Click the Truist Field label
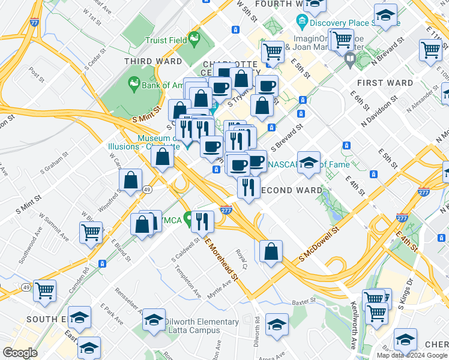click(164, 41)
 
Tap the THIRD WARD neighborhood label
click(153, 62)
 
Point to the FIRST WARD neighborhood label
click(385, 83)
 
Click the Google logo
click(20, 353)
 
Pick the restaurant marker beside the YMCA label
click(202, 221)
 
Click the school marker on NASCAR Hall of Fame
click(309, 162)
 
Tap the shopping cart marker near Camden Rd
click(91, 232)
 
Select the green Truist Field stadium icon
click(194, 41)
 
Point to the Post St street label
click(37, 78)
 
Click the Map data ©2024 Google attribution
click(412, 355)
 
